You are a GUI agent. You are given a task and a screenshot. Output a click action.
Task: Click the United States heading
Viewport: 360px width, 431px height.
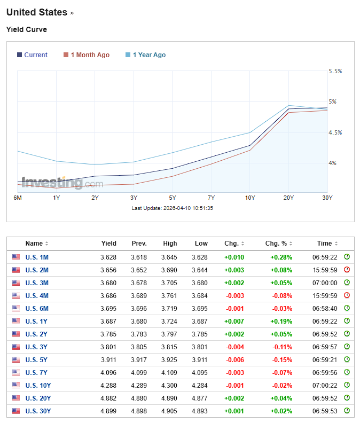coord(37,12)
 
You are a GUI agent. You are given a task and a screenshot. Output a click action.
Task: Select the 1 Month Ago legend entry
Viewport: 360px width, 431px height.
coord(90,55)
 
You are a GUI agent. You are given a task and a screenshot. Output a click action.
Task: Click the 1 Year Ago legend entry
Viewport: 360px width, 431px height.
coord(149,55)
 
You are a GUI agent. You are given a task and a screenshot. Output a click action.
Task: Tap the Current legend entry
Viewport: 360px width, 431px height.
coord(35,55)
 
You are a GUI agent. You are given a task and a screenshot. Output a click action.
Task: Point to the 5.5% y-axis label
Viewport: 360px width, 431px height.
coord(335,71)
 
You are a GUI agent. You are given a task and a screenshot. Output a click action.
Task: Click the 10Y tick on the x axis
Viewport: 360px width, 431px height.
coord(250,198)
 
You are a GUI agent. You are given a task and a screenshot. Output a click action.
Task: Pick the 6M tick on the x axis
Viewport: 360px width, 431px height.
coord(18,198)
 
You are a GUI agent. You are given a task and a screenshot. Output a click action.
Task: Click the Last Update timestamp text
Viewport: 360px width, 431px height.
coord(173,208)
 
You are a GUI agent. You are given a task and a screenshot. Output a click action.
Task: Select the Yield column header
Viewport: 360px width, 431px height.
coord(108,244)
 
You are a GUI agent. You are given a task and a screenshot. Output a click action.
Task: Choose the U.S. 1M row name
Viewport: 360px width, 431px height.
coord(37,257)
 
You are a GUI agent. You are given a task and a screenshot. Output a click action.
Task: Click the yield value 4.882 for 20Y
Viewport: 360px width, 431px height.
coord(108,398)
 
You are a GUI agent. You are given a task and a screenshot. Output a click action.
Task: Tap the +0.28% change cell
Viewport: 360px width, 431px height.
coord(281,257)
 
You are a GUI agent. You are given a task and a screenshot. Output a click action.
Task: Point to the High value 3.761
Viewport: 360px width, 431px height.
coord(170,295)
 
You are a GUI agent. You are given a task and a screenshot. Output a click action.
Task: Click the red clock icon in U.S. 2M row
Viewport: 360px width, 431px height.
coord(347,270)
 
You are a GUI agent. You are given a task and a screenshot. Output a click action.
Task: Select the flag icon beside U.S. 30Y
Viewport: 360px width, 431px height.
coord(16,411)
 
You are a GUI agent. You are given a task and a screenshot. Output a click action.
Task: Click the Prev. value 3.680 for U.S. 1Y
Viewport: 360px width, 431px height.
coord(139,321)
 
